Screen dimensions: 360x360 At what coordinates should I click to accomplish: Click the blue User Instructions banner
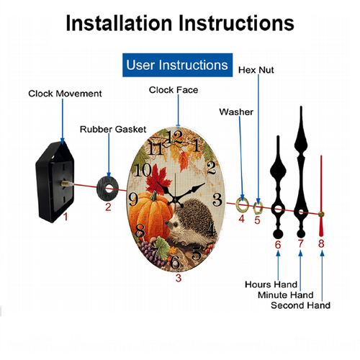pyautogui.click(x=177, y=65)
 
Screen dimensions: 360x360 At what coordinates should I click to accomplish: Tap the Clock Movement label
pyautogui.click(x=65, y=94)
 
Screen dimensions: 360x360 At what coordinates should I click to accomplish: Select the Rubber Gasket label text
pyautogui.click(x=113, y=130)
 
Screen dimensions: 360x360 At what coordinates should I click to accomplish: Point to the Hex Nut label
pyautogui.click(x=256, y=70)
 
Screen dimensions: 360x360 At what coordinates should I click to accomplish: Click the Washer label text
pyautogui.click(x=236, y=112)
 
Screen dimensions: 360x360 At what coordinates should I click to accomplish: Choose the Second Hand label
pyautogui.click(x=300, y=305)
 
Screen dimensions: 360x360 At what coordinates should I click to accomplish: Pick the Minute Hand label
pyautogui.click(x=286, y=294)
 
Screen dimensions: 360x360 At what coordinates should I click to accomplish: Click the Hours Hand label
pyautogui.click(x=271, y=284)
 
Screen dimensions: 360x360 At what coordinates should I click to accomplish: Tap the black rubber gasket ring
pyautogui.click(x=102, y=189)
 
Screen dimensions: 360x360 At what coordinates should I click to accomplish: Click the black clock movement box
pyautogui.click(x=55, y=182)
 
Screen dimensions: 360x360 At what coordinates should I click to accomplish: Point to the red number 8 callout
pyautogui.click(x=321, y=243)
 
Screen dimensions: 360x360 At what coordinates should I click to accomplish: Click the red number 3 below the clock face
pyautogui.click(x=179, y=278)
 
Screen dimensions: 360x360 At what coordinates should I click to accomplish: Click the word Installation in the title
pyautogui.click(x=119, y=23)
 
